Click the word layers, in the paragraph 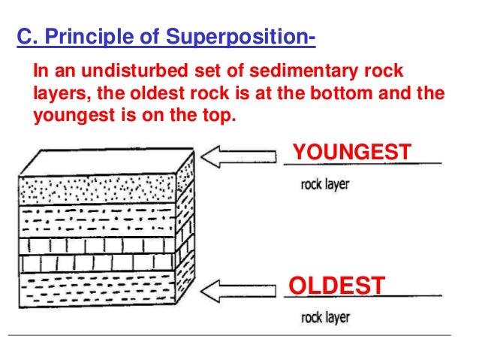tap(61, 95)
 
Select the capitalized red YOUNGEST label tap(351, 152)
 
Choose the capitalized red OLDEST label tap(337, 286)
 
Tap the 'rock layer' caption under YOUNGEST tap(324, 184)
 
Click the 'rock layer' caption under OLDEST tap(324, 317)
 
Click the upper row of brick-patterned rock tap(98, 247)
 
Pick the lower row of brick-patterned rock tap(98, 265)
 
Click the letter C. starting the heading tap(26, 37)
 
